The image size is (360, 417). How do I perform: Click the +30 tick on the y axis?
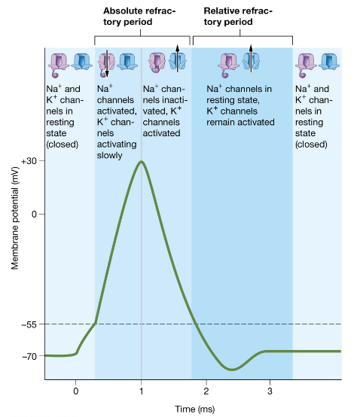click(x=30, y=161)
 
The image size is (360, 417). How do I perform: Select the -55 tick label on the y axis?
click(x=30, y=324)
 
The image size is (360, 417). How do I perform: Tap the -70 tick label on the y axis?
click(x=30, y=355)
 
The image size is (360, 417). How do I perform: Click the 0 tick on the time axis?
click(x=75, y=391)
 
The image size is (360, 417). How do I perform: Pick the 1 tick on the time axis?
click(x=141, y=391)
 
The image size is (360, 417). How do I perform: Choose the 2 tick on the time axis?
click(x=206, y=391)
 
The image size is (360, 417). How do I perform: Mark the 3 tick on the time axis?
click(x=270, y=391)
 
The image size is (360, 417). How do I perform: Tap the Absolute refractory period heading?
click(x=142, y=17)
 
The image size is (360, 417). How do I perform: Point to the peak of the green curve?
click(x=141, y=161)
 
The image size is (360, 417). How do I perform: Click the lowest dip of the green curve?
click(x=233, y=370)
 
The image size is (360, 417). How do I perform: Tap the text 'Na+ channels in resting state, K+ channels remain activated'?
click(x=242, y=102)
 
